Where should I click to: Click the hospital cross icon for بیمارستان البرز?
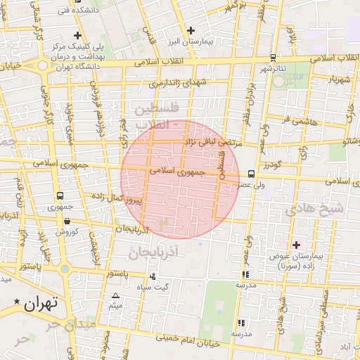(x=191, y=30)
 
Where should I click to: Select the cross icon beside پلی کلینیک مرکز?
(x=77, y=35)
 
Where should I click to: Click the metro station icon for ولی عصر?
(x=251, y=174)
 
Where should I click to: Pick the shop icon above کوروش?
(x=66, y=219)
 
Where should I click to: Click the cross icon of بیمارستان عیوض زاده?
(x=296, y=245)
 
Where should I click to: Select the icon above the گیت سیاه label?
(x=153, y=276)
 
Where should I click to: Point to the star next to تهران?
(x=17, y=302)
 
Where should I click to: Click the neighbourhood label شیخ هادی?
(x=314, y=209)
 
